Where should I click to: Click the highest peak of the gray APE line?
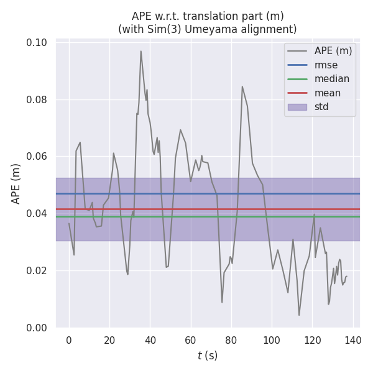141,51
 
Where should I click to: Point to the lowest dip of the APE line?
299,315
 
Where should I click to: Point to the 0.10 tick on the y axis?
37,43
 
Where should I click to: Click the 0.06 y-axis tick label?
37,157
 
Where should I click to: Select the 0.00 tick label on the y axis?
37,328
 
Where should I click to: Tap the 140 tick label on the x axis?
353,340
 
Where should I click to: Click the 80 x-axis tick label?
231,340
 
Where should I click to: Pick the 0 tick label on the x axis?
69,340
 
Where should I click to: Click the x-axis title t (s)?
208,356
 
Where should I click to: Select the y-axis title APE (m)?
17,184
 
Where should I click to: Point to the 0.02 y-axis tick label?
37,270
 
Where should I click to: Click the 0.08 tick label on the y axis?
37,99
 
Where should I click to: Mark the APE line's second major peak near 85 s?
242,86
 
